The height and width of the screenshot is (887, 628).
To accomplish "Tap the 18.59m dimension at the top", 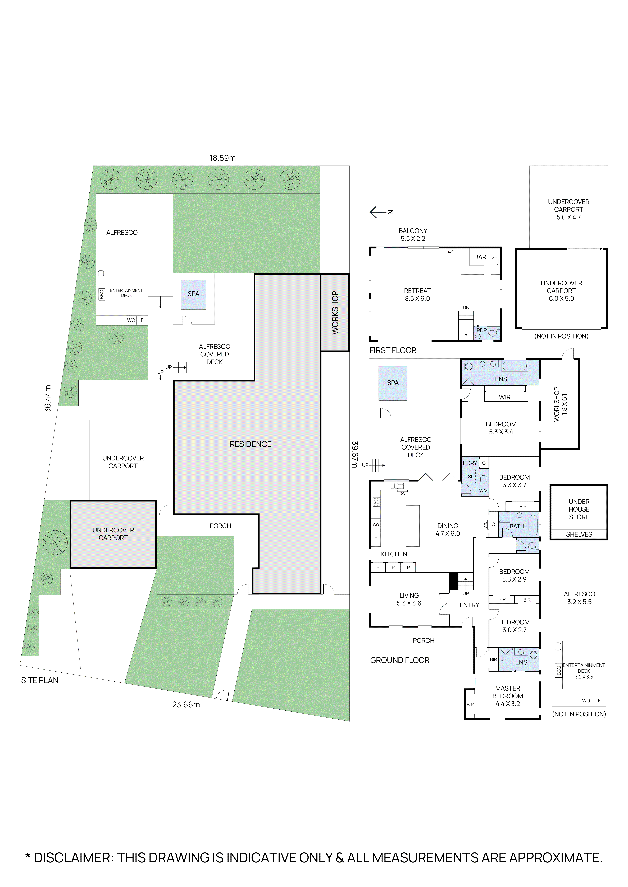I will click(x=222, y=158).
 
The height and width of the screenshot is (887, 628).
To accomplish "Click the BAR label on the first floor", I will click(x=480, y=257).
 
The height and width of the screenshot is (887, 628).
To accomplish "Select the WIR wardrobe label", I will click(x=505, y=397).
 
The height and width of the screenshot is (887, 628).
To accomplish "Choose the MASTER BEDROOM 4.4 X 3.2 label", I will click(x=508, y=696).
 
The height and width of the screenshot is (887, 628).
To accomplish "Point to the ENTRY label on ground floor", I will click(x=469, y=605).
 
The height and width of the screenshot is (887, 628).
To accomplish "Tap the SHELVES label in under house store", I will click(x=579, y=534).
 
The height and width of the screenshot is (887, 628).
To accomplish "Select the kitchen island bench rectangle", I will click(x=413, y=526).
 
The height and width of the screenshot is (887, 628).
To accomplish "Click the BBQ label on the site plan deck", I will click(x=101, y=294).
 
